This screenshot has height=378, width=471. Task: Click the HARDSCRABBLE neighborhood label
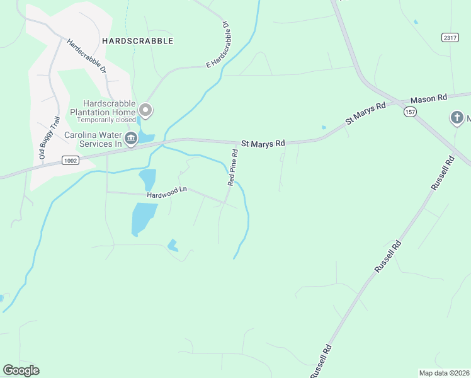pos(137,41)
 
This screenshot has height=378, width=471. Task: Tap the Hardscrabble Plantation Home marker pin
pos(146,111)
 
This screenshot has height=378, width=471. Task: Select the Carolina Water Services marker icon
pos(131,139)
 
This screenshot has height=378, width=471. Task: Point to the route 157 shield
pos(411,112)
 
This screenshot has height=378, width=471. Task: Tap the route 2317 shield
pos(449,37)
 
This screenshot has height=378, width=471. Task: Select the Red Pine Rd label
pos(234,168)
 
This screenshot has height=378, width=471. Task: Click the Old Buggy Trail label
pos(48,139)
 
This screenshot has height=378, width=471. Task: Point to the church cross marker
pos(457,117)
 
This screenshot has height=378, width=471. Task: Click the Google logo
pos(21,370)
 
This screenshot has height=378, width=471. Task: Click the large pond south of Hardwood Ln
pos(142,219)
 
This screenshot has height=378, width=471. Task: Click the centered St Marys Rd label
pos(263,144)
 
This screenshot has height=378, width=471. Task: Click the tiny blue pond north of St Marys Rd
pos(324,127)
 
